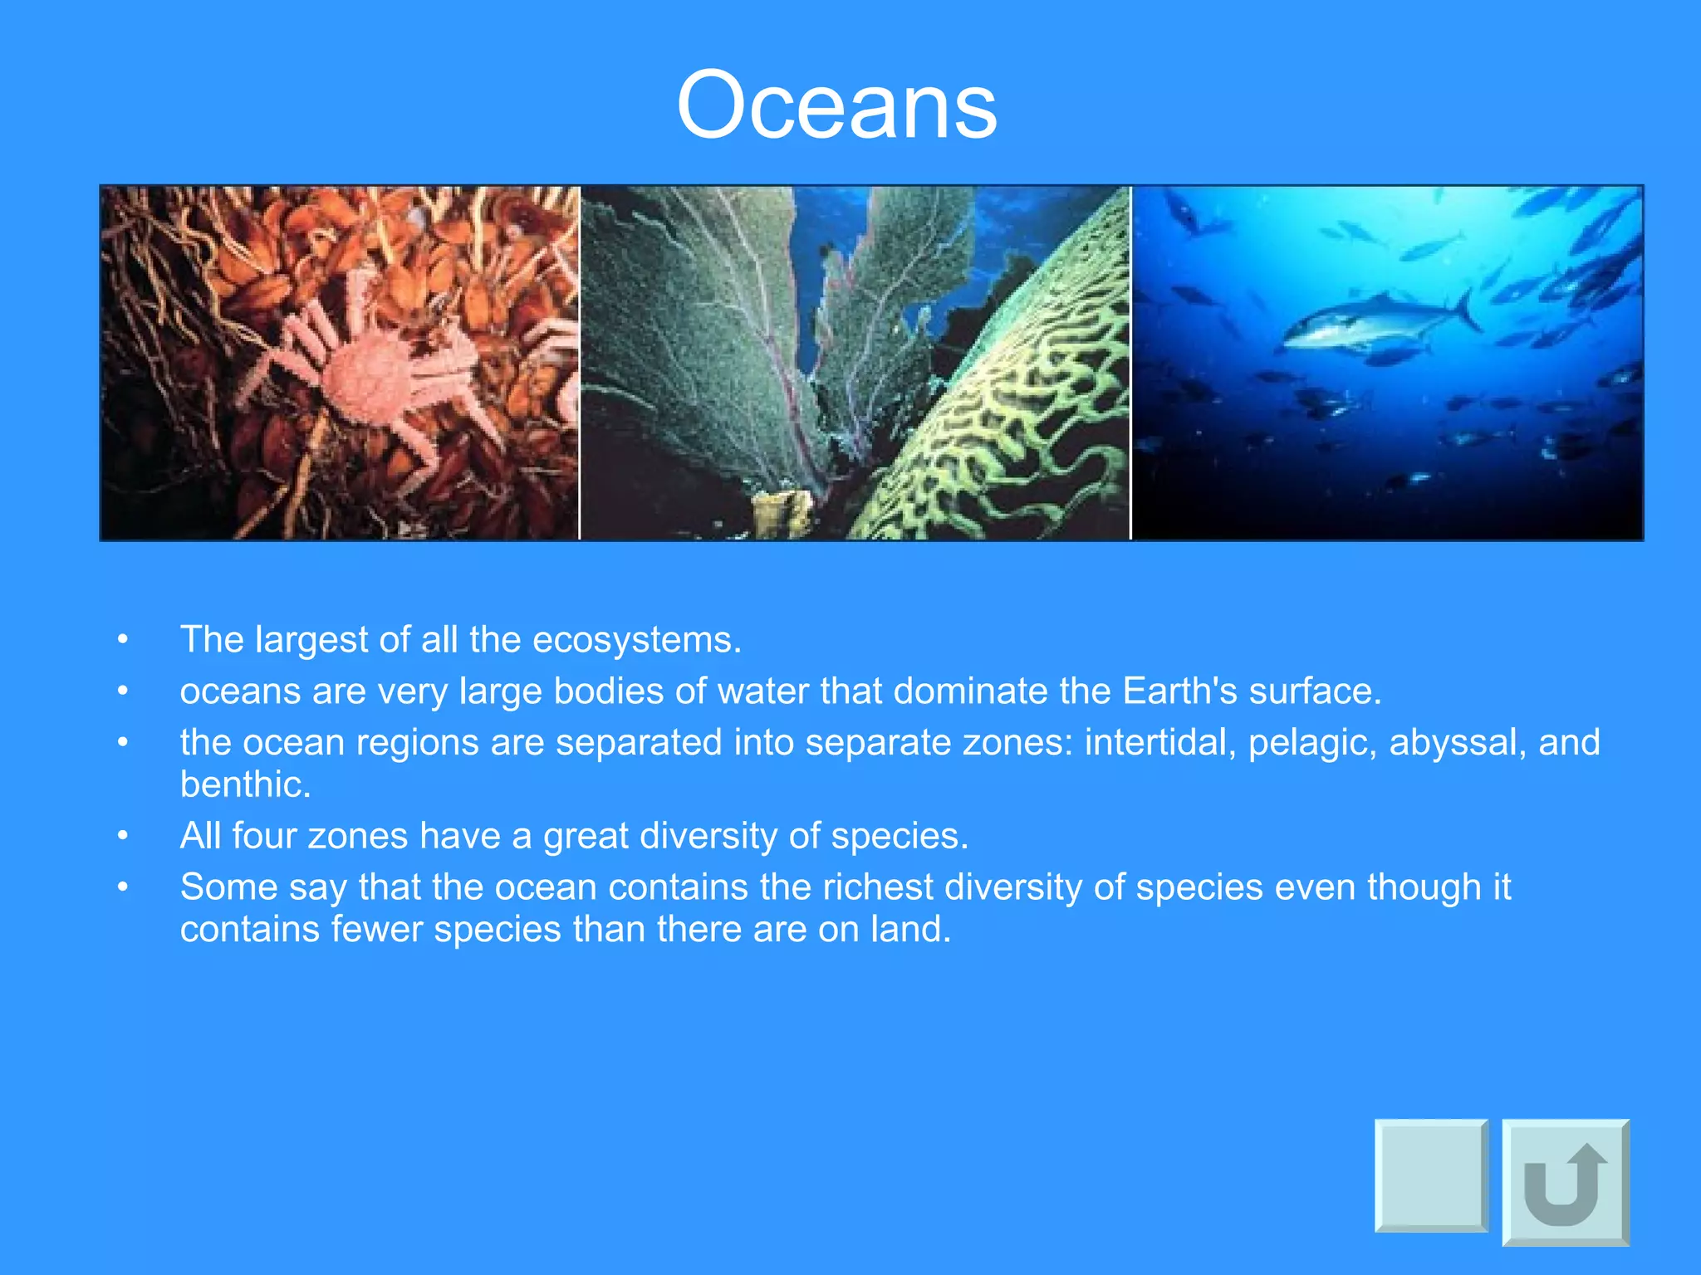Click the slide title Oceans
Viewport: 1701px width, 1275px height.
click(x=836, y=106)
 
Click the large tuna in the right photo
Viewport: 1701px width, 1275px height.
click(x=1370, y=324)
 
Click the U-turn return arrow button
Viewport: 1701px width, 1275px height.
click(x=1565, y=1182)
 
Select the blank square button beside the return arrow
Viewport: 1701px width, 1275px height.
click(x=1431, y=1175)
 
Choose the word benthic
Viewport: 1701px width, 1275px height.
click(x=245, y=784)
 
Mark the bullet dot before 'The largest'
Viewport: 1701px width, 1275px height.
click(x=123, y=640)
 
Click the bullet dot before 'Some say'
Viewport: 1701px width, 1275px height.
click(x=123, y=887)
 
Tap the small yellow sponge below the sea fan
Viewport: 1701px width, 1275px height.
click(x=781, y=512)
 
